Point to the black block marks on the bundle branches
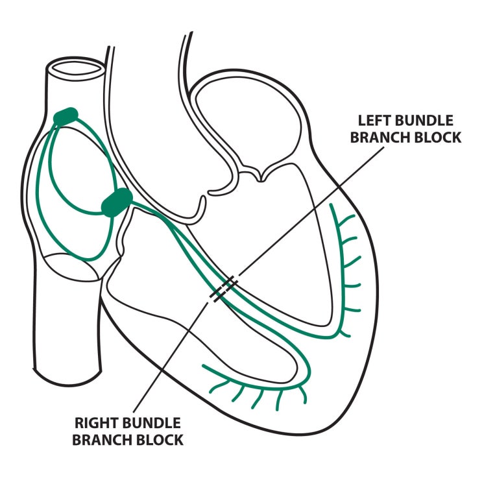pyautogui.click(x=223, y=289)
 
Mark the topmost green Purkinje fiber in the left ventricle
pyautogui.click(x=343, y=214)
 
